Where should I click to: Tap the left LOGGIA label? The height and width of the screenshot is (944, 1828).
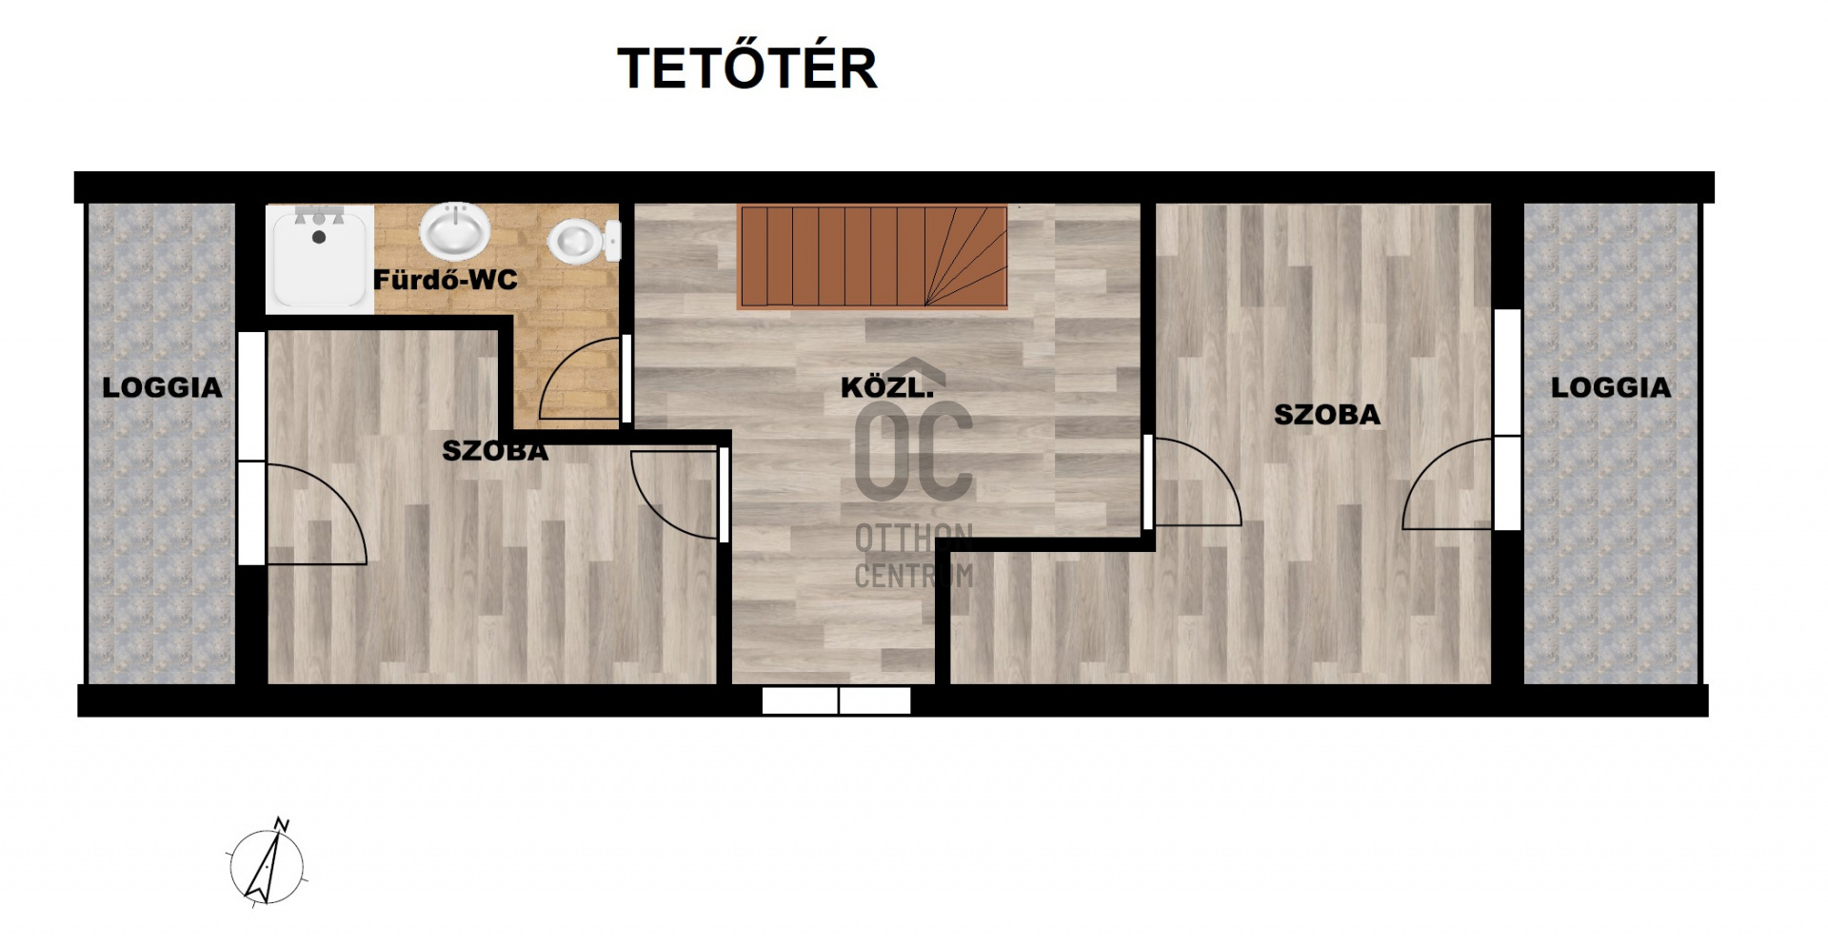(162, 387)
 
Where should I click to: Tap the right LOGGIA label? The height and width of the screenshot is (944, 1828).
(1611, 387)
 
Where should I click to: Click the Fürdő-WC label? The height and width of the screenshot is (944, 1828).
(445, 280)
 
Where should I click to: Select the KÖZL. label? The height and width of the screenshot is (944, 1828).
(886, 387)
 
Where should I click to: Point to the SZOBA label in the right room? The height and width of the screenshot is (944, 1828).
(1327, 415)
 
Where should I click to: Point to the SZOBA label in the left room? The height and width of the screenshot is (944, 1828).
(495, 451)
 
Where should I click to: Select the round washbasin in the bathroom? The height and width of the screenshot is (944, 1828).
(455, 230)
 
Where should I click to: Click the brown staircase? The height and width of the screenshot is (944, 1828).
(872, 257)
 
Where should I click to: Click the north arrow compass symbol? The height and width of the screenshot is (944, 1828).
(268, 864)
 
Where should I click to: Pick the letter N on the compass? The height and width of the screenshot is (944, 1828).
(282, 824)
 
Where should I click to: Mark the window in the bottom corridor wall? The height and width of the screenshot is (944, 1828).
(837, 700)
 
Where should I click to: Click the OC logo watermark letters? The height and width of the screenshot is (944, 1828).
(913, 451)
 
